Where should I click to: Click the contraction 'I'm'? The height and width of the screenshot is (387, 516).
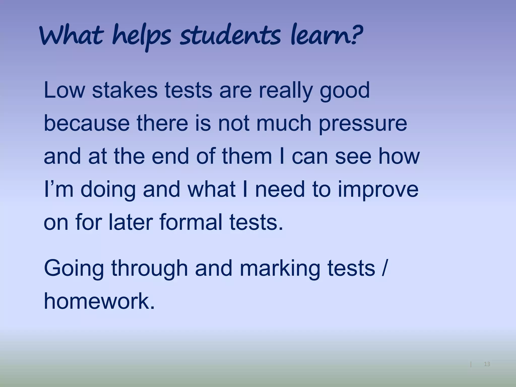[x=59, y=189]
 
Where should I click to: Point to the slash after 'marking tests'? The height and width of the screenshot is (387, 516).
[x=384, y=269]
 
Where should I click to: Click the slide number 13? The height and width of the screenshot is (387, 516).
[x=487, y=364]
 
